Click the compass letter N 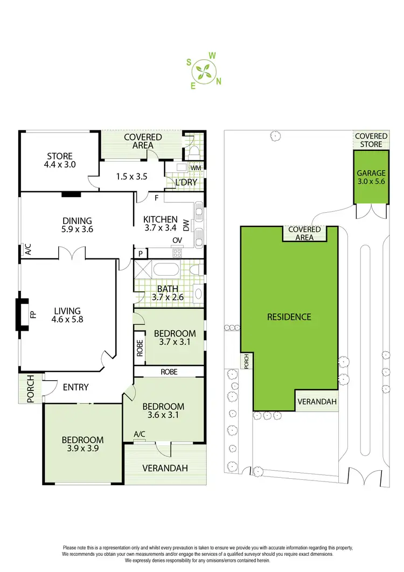(219, 82)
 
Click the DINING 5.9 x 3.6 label (77, 225)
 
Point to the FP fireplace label (32, 314)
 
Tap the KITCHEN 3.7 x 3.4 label (160, 224)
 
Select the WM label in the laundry (196, 169)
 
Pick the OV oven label (176, 241)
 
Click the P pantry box (141, 253)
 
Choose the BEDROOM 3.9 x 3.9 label (82, 443)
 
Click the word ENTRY (76, 387)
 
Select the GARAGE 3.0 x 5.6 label (371, 178)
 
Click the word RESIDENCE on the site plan (289, 317)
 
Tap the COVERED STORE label (371, 140)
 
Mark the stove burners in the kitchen (176, 253)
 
